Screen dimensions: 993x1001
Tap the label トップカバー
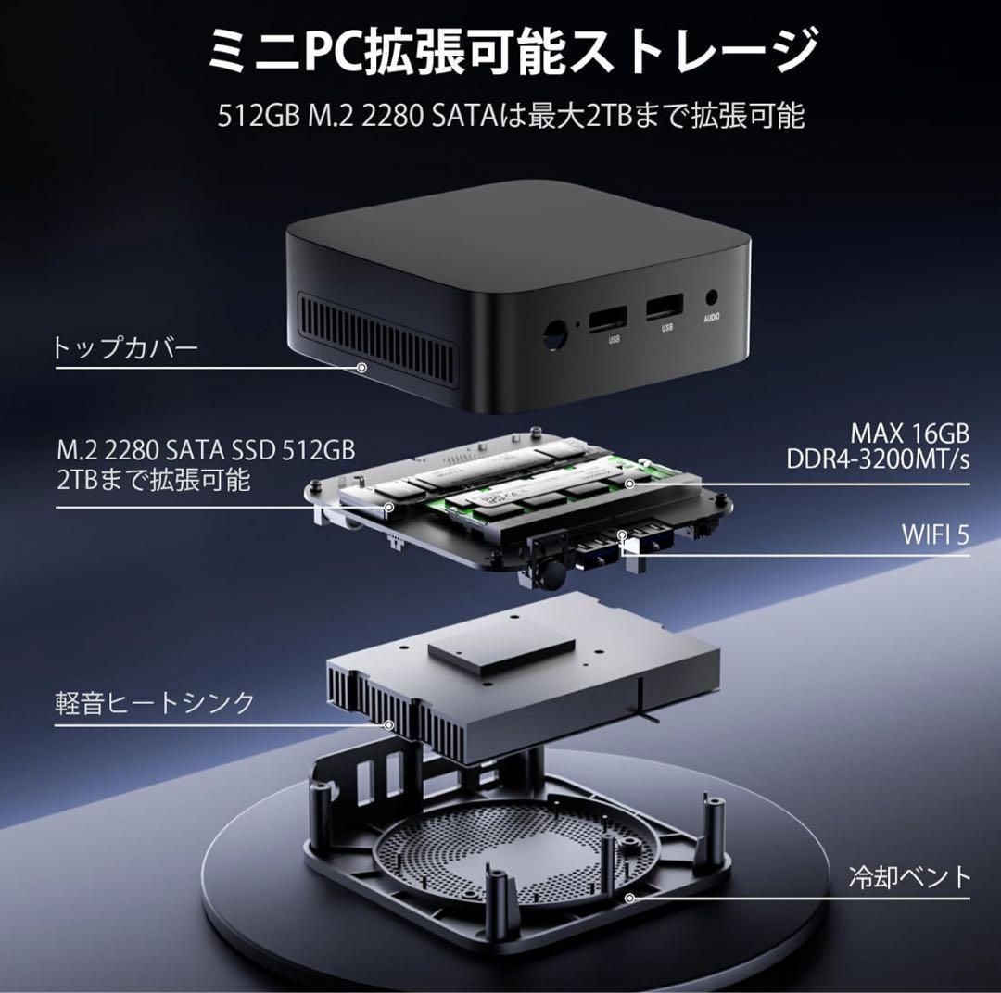(x=125, y=349)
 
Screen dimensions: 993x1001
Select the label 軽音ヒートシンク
(x=154, y=702)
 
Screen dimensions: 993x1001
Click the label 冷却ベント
(x=909, y=876)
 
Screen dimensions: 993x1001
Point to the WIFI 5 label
(x=935, y=534)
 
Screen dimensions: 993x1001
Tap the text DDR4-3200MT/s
(x=879, y=459)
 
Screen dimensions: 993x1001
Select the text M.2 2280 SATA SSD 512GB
(x=205, y=450)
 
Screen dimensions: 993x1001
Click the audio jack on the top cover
(x=712, y=298)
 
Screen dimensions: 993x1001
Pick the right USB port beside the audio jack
(x=665, y=306)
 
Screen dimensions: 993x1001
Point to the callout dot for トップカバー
(x=361, y=368)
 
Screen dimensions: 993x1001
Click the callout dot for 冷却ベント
(x=629, y=898)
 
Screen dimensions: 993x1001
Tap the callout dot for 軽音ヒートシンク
(x=389, y=725)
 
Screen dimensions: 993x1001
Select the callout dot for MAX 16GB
(x=629, y=484)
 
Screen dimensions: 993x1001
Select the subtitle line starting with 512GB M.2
(x=511, y=117)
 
